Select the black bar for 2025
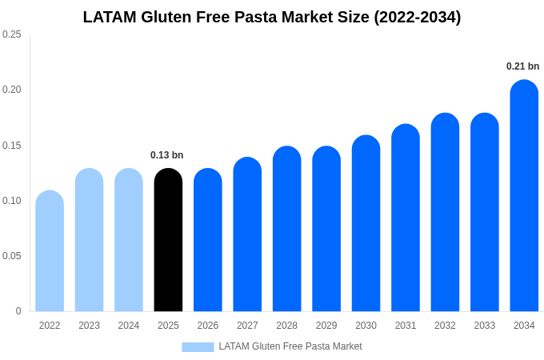(168, 240)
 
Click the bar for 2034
(524, 196)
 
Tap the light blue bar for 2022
(50, 252)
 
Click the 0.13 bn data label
(166, 155)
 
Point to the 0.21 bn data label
(522, 66)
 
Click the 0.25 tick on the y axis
(12, 34)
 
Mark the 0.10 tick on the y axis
(12, 201)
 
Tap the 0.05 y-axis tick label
(12, 256)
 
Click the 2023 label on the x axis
(89, 326)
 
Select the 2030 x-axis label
(366, 326)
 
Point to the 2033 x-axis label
(484, 326)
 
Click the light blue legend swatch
(198, 346)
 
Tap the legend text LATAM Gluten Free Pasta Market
(290, 346)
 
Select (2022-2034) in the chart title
(418, 17)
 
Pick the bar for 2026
(208, 240)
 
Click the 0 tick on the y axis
(18, 311)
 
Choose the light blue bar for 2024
(129, 240)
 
